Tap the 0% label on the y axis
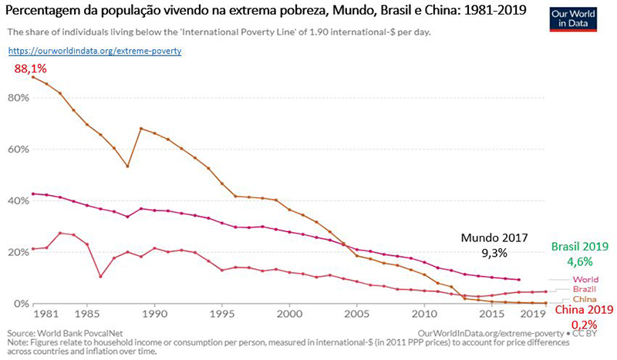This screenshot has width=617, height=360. click(20, 303)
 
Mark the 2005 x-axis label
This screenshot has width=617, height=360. click(356, 315)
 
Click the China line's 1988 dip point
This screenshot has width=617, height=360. click(127, 167)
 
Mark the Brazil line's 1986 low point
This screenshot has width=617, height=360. click(101, 276)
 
